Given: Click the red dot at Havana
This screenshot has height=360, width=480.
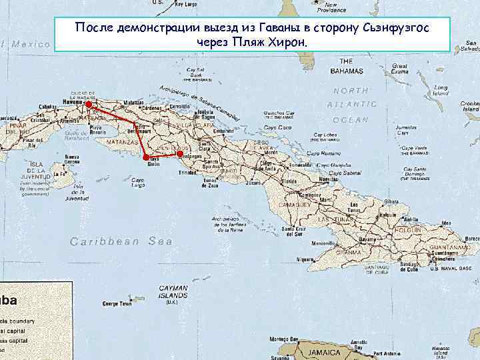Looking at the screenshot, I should point(89,104).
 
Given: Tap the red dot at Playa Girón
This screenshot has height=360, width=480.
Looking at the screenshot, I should point(146,157).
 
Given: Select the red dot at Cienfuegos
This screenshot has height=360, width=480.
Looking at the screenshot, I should point(179,154).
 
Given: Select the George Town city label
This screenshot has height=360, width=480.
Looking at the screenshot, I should point(116,304).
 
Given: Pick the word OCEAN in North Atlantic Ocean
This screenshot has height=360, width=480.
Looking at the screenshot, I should point(350,120).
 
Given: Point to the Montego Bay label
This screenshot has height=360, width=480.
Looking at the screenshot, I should point(283,339).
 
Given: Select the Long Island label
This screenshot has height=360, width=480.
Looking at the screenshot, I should point(441,90).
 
